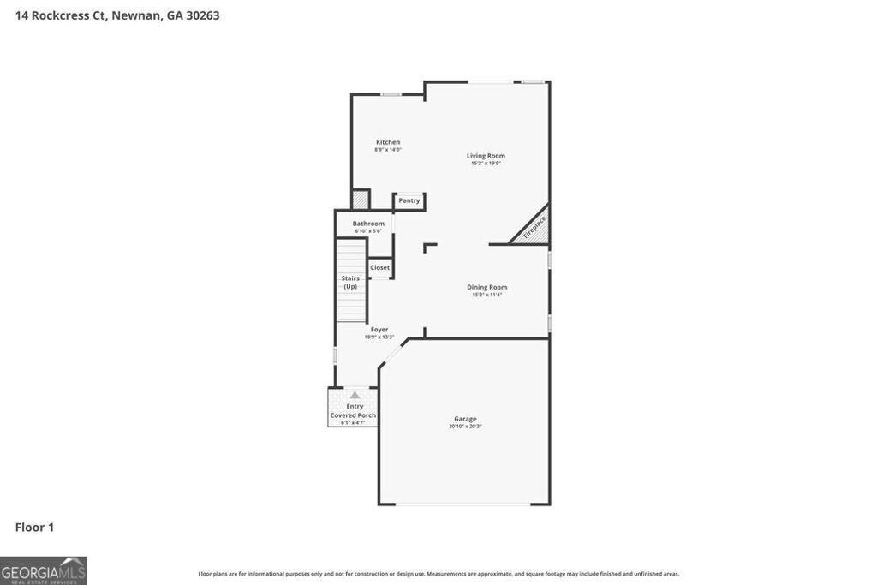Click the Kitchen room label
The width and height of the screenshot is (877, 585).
coord(388,142)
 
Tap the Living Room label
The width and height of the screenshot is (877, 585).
coord(486,156)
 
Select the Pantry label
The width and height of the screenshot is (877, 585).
coord(409,200)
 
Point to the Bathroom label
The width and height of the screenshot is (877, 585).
coord(368,224)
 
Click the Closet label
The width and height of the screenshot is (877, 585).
coord(380,267)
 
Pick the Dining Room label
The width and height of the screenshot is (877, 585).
coord(486,288)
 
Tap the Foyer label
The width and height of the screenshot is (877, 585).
coord(379,330)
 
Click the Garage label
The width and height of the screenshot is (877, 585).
coord(466,419)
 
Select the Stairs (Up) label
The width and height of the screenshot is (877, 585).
coord(350,282)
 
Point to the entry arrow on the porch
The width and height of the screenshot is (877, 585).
coord(355,395)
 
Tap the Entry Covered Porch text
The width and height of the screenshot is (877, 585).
coord(354,411)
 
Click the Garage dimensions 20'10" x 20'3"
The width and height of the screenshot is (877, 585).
coord(466,427)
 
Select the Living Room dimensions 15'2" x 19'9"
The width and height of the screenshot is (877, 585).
coord(486,164)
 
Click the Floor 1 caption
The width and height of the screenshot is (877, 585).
coord(34,528)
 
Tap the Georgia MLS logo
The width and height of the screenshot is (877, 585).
coord(44,570)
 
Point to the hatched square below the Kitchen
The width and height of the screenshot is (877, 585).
coord(361,200)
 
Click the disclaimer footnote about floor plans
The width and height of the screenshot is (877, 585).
coord(438,574)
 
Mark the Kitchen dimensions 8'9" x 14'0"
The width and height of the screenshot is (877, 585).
coord(388,150)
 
